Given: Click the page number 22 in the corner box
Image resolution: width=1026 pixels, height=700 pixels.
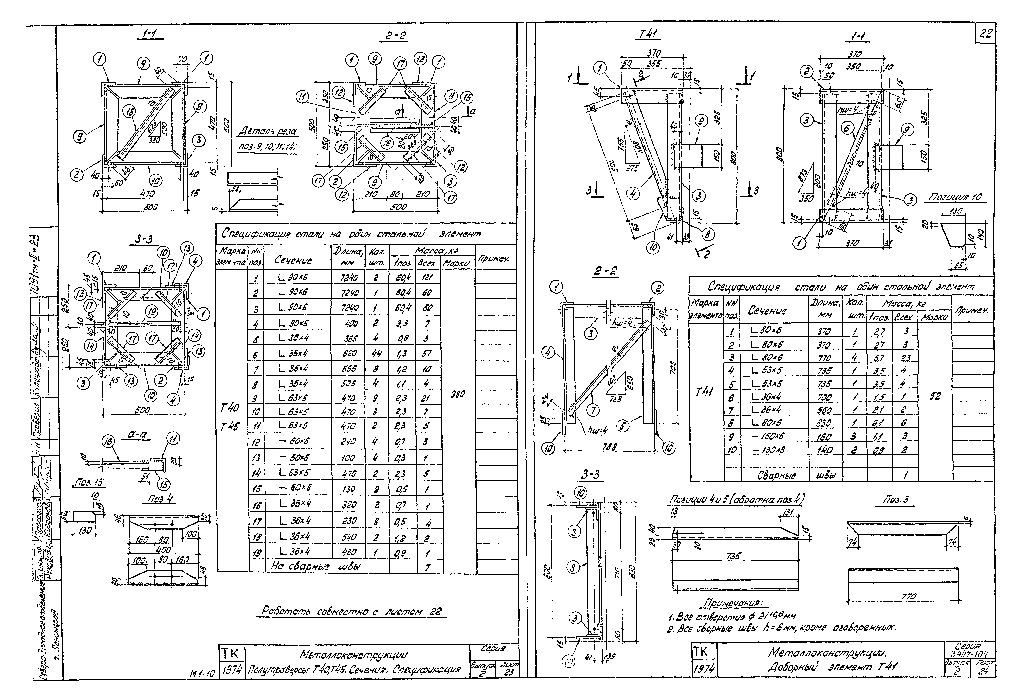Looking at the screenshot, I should [x=985, y=34].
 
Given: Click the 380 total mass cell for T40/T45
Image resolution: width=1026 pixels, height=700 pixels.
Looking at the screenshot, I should [x=458, y=394].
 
